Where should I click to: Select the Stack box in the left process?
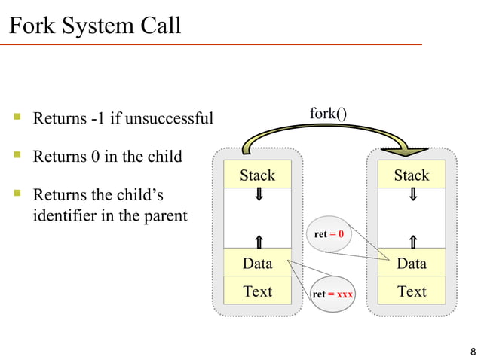click(x=257, y=175)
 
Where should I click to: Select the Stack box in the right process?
click(x=411, y=175)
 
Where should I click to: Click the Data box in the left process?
click(x=257, y=264)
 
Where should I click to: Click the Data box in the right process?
click(x=411, y=264)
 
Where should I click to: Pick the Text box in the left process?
click(x=257, y=291)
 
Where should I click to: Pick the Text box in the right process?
click(x=411, y=291)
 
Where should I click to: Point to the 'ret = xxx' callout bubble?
click(x=332, y=294)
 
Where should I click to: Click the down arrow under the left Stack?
click(x=258, y=195)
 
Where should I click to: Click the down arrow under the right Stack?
click(x=412, y=195)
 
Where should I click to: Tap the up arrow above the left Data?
click(x=258, y=241)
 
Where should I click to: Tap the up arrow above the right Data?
click(x=412, y=241)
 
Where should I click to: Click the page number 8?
click(x=472, y=351)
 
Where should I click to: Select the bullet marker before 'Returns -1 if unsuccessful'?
click(x=17, y=117)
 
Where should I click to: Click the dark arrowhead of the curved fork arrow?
click(x=408, y=151)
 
